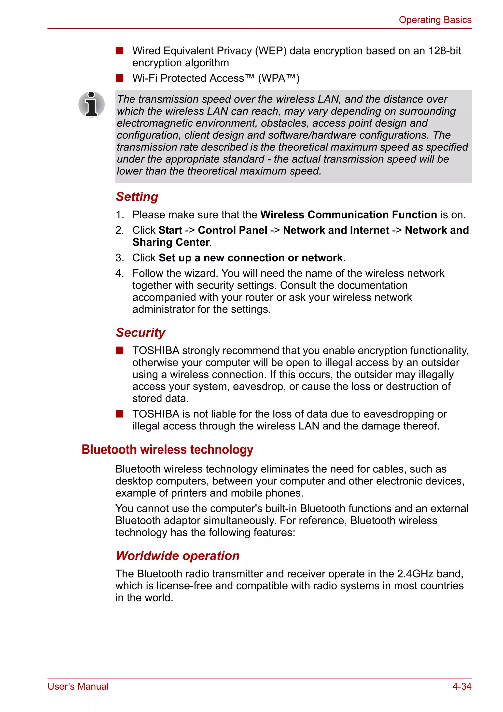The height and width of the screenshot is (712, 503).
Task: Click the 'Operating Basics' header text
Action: pyautogui.click(x=435, y=20)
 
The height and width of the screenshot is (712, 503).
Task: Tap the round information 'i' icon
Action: pyautogui.click(x=92, y=105)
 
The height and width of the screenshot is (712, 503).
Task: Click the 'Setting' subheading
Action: pyautogui.click(x=137, y=197)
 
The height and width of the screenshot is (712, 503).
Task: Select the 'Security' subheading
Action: pyautogui.click(x=140, y=332)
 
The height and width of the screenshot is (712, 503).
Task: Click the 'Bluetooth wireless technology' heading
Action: pyautogui.click(x=167, y=450)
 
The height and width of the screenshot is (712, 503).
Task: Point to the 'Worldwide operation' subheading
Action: pyautogui.click(x=178, y=556)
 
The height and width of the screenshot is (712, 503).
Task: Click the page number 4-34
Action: pyautogui.click(x=462, y=686)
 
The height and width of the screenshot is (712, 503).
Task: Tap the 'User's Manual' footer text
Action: pyautogui.click(x=78, y=686)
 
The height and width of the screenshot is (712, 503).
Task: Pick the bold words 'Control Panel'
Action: pyautogui.click(x=232, y=230)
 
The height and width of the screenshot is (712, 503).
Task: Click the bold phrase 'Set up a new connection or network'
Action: pyautogui.click(x=251, y=258)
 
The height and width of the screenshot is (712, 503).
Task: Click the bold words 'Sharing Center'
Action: pyautogui.click(x=171, y=242)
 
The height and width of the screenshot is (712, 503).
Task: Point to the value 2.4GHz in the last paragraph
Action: pyautogui.click(x=415, y=574)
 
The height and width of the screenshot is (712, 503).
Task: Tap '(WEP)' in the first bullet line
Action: pyautogui.click(x=271, y=51)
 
